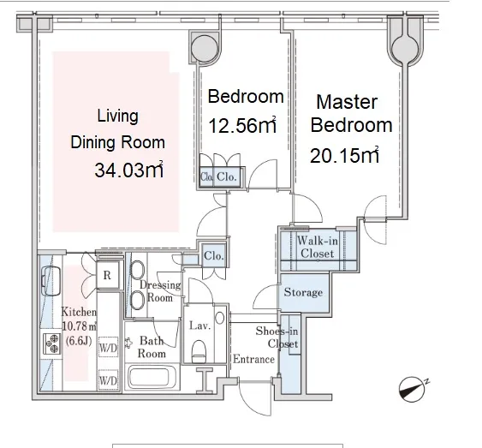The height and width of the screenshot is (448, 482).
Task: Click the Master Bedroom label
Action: (351, 113)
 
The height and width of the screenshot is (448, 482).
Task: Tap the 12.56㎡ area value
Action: (242, 125)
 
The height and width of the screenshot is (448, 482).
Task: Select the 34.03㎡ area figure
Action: (128, 170)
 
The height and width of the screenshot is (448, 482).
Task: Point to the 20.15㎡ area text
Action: (344, 155)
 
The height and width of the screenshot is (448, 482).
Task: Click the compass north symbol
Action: (412, 389)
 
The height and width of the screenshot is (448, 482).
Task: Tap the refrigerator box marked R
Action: (107, 275)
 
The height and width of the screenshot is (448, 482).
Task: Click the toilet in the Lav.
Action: (199, 351)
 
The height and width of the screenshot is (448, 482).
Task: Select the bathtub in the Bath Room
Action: (150, 377)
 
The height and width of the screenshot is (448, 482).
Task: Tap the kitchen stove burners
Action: (51, 343)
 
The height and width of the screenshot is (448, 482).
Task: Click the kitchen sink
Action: (51, 281)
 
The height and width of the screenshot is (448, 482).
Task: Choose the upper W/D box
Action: (108, 347)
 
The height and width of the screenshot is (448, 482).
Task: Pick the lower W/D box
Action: (108, 380)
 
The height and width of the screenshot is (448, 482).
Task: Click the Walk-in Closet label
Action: (318, 248)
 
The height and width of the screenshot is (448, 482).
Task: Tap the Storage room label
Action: (303, 292)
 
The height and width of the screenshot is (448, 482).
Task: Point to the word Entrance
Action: (253, 359)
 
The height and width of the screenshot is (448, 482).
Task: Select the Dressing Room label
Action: (160, 291)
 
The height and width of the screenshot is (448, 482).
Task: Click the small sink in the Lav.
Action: (219, 318)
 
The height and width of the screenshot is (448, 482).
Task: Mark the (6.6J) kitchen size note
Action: (79, 341)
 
